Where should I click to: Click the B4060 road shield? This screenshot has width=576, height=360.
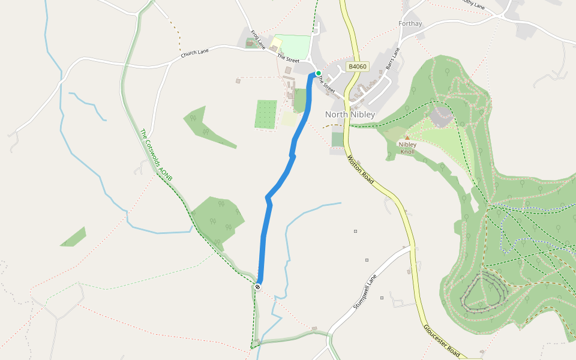(x=357, y=67)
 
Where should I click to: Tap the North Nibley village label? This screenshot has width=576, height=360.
(x=350, y=114)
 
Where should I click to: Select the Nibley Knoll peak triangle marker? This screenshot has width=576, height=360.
(x=407, y=138)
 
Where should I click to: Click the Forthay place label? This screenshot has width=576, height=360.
(x=410, y=24)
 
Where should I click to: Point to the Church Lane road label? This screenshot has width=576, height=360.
(x=195, y=54)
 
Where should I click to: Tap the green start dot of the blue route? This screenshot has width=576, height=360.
(x=319, y=73)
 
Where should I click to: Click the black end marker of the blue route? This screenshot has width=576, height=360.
(x=258, y=287)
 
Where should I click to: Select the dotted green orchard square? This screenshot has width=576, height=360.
(x=266, y=114)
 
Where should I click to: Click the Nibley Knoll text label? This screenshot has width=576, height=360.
(x=407, y=148)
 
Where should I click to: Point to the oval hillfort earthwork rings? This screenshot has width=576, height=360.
(x=484, y=292)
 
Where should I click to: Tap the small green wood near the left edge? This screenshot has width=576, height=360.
(x=74, y=238)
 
